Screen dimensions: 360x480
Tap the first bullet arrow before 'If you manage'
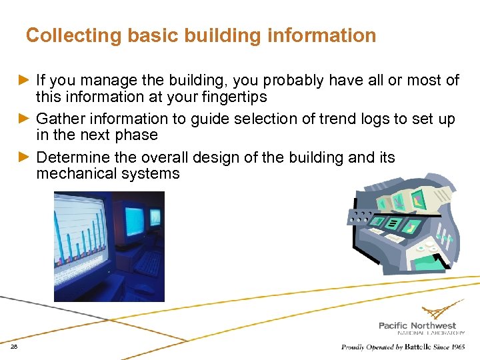pos(27,81)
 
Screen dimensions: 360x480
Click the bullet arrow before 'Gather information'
pos(27,119)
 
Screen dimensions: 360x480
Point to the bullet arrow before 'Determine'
pos(27,158)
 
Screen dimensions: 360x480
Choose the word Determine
pos(69,158)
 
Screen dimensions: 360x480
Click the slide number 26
pos(14,347)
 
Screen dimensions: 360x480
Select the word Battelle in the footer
pos(411,347)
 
